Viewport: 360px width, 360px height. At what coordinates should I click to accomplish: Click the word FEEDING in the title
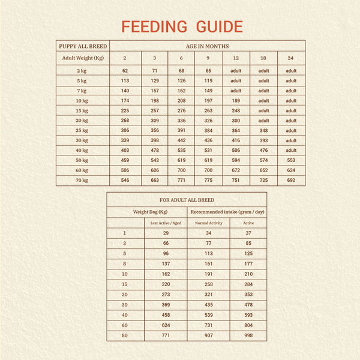(154, 26)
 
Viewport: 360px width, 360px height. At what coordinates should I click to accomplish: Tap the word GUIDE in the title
(220, 26)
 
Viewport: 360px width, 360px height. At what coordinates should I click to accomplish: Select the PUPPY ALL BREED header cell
(83, 46)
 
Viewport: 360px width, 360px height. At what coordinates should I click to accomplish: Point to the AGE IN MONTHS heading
(208, 46)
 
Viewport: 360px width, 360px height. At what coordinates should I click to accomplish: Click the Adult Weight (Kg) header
(83, 58)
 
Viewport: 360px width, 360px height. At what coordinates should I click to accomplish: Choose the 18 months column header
(263, 58)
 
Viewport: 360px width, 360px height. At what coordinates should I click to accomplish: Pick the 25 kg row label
(82, 130)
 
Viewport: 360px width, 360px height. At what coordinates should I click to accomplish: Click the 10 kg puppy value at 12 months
(236, 101)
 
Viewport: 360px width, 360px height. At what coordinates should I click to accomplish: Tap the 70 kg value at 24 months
(291, 180)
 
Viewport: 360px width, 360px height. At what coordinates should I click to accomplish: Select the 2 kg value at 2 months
(125, 71)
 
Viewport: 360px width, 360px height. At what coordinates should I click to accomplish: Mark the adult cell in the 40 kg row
(291, 151)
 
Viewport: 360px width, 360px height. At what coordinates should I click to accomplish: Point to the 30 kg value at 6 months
(181, 140)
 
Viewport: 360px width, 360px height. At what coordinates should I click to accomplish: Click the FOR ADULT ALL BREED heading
(187, 200)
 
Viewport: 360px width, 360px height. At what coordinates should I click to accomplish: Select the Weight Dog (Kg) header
(151, 212)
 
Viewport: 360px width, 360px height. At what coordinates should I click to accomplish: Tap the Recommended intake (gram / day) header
(227, 212)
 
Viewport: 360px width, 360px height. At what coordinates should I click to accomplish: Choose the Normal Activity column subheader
(209, 223)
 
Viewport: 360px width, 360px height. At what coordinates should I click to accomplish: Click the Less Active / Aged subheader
(166, 223)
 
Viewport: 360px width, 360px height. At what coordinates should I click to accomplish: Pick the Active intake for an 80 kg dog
(248, 335)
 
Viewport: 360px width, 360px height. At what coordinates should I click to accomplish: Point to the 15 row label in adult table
(125, 284)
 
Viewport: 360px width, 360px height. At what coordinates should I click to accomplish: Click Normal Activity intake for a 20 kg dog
(209, 295)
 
